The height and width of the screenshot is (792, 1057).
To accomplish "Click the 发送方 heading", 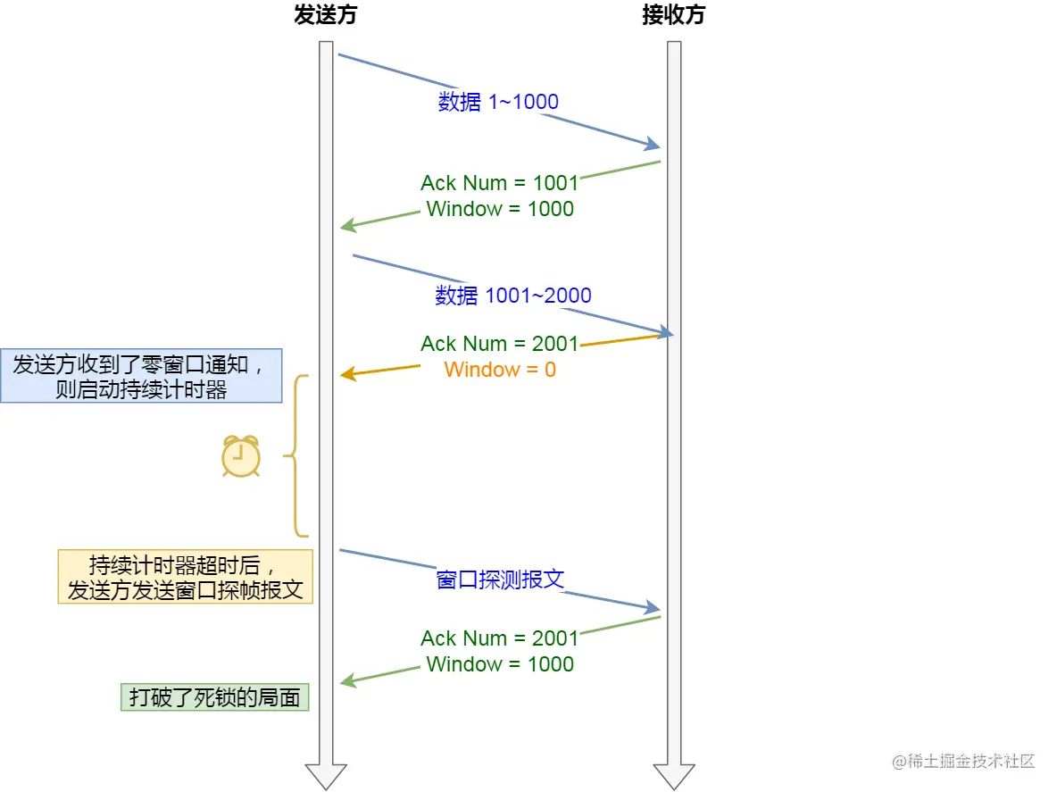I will click(x=325, y=16).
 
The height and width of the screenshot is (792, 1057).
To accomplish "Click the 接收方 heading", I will click(x=673, y=16).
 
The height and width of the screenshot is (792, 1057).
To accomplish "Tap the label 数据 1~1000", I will click(x=498, y=102).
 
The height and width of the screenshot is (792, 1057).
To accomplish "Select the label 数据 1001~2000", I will click(x=513, y=296).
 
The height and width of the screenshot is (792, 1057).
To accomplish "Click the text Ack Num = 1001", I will click(x=500, y=183).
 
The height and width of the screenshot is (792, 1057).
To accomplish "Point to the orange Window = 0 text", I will click(x=500, y=370).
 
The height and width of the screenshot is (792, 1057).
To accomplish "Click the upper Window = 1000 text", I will click(x=500, y=209).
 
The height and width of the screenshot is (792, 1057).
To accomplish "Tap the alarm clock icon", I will click(x=240, y=456).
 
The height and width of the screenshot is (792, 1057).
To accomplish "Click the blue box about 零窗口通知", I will click(x=141, y=376).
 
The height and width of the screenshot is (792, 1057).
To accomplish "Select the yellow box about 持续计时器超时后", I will click(x=186, y=577).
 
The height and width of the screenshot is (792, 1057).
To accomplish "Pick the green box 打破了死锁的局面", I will click(x=214, y=697).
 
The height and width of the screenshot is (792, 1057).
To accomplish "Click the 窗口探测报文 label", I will click(x=500, y=579).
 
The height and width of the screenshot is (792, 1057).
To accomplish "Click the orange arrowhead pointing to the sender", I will click(x=347, y=375).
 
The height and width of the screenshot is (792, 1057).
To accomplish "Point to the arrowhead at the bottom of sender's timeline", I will click(x=326, y=775).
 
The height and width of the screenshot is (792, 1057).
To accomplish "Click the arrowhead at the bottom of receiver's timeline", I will click(x=674, y=775).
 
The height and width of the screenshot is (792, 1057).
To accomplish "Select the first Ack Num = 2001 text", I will click(x=500, y=344).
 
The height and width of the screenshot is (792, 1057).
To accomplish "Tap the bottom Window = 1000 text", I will click(x=500, y=664).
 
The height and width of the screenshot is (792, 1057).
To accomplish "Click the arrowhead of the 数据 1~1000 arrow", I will click(x=653, y=146).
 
